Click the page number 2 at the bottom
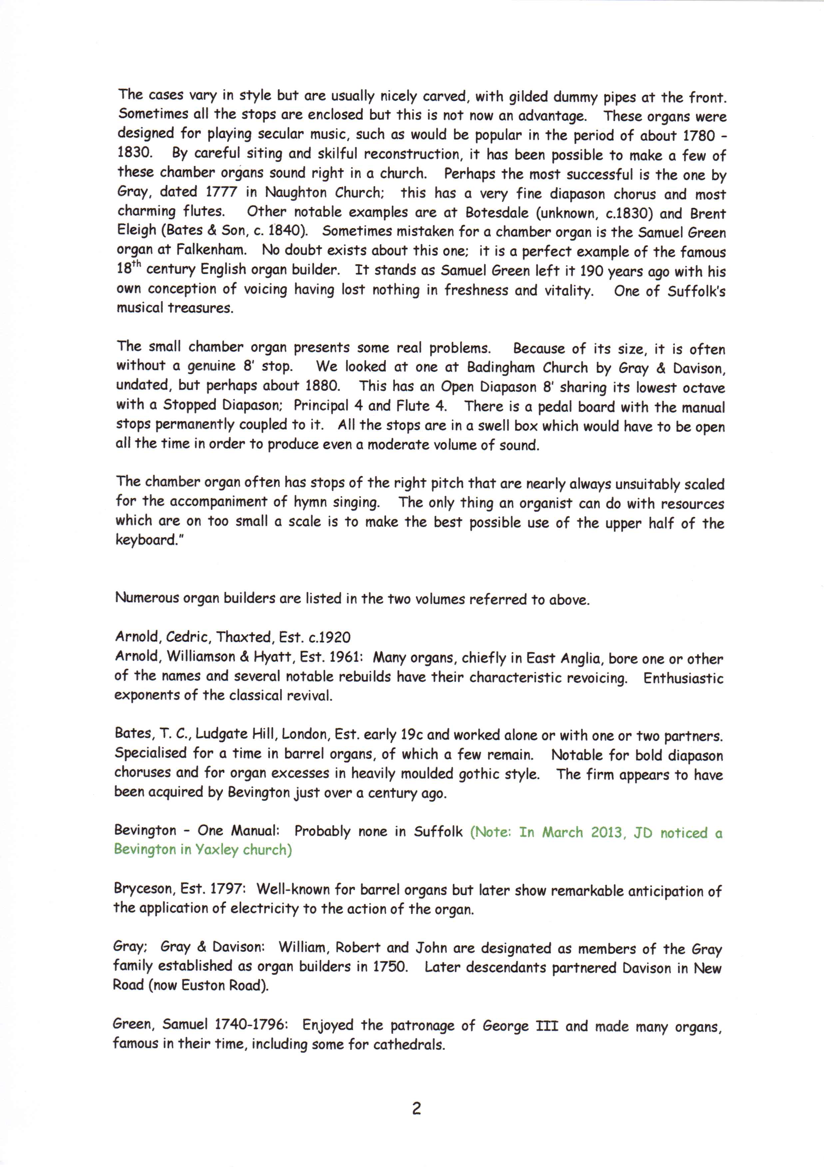[x=416, y=1109]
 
